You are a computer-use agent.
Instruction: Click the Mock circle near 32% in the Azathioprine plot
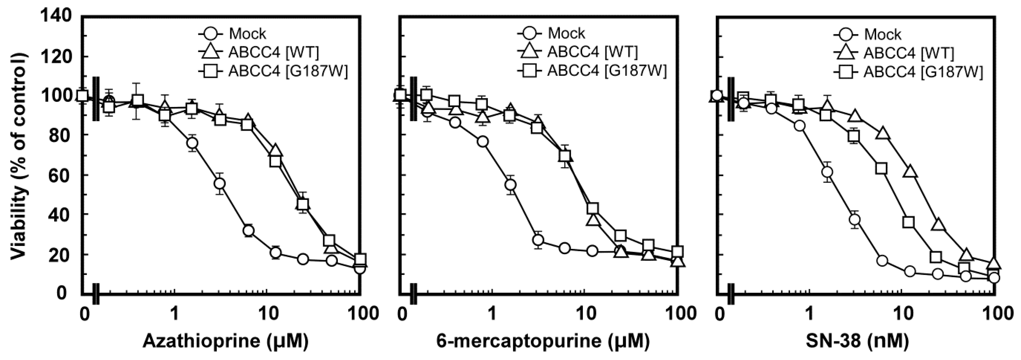point(249,230)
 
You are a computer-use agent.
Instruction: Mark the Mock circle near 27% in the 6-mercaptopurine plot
point(538,240)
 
